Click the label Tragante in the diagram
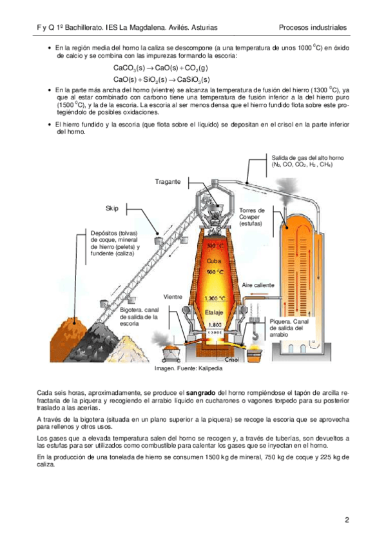click(x=168, y=182)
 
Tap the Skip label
click(x=112, y=208)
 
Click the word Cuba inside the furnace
click(x=213, y=261)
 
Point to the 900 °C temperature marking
click(x=215, y=272)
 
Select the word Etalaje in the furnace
click(x=214, y=312)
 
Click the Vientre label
click(x=173, y=297)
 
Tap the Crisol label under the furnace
click(x=232, y=360)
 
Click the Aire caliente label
click(x=258, y=285)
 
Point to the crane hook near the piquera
click(x=255, y=335)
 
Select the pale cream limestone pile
click(x=126, y=350)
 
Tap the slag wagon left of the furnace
click(x=171, y=353)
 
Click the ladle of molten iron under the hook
click(x=255, y=353)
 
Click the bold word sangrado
click(x=200, y=393)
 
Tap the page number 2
click(x=347, y=520)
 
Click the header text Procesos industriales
click(x=313, y=28)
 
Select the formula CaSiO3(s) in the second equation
click(x=193, y=79)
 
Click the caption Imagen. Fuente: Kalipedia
click(x=188, y=368)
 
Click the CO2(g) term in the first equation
click(x=197, y=68)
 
